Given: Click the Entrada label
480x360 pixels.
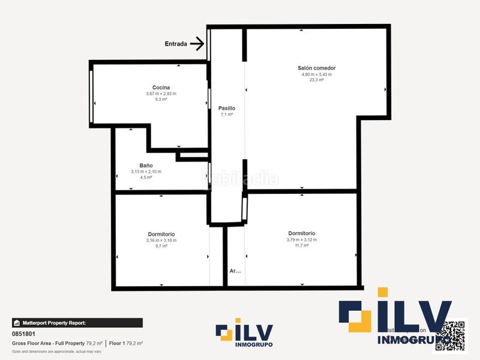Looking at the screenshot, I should click(x=175, y=44).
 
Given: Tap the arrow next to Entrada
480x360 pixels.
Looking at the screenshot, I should click(x=197, y=43).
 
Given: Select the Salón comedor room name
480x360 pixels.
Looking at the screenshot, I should click(x=316, y=68).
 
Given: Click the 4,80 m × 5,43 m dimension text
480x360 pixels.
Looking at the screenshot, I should click(x=316, y=74).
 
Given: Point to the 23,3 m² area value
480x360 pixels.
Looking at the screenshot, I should click(x=316, y=80).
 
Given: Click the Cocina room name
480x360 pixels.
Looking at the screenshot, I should click(x=161, y=88).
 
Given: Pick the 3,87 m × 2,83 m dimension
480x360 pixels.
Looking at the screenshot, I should click(x=161, y=94).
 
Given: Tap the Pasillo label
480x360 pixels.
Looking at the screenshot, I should click(x=226, y=108).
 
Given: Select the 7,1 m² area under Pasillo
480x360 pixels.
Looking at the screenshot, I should click(x=226, y=114).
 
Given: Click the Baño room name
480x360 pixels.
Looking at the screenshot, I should click(x=146, y=166).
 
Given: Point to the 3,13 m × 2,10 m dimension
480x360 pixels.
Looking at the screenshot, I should click(x=146, y=172).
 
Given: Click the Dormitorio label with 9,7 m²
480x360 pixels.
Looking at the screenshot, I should click(x=161, y=234).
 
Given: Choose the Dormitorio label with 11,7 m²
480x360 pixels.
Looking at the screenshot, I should click(x=301, y=233).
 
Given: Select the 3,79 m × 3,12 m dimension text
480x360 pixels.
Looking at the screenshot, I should click(x=301, y=239).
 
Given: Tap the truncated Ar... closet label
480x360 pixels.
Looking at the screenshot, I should click(x=235, y=271).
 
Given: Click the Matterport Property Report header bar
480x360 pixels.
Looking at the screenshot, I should click(x=77, y=323).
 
